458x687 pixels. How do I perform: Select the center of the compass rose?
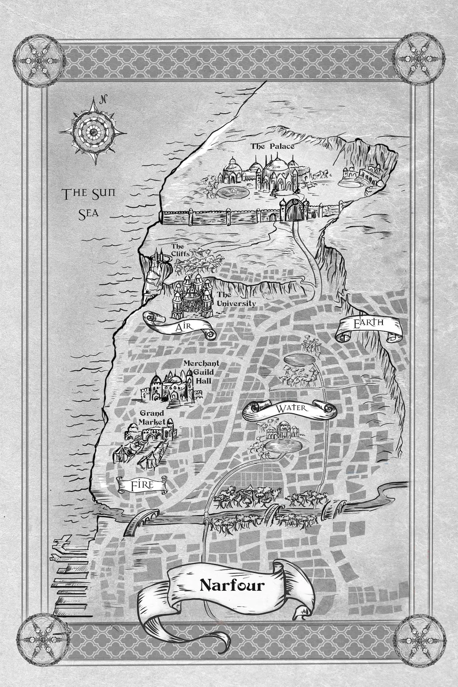93,132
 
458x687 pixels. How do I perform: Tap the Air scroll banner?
180,327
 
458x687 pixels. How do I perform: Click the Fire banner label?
142,485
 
